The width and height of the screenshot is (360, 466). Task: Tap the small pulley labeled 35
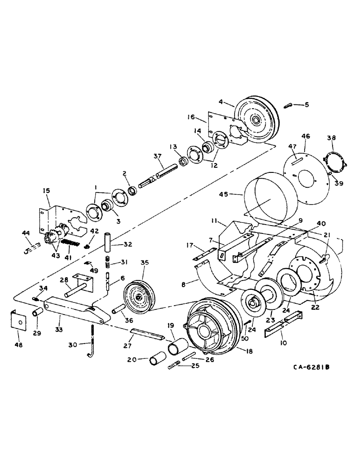(x=138, y=297)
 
